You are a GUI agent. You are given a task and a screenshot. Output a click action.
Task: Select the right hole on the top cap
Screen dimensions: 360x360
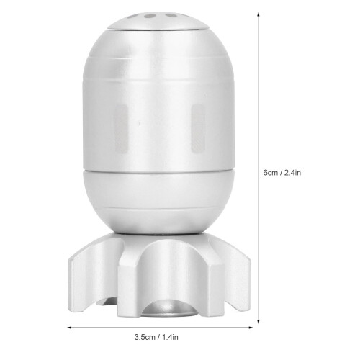[x=171, y=16]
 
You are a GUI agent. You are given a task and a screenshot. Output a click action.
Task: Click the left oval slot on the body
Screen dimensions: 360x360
[x=121, y=128]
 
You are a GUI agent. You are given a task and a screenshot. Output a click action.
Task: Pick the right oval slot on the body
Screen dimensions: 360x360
[x=198, y=128]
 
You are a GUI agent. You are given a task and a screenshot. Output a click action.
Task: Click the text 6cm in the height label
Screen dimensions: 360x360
[x=271, y=173]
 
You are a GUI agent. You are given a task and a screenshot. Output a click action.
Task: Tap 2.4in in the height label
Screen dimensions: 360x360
[x=292, y=173]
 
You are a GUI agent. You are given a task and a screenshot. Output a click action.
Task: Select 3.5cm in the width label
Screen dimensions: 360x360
[x=145, y=337]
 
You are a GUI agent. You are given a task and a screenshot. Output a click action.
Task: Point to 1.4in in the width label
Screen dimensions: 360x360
[x=170, y=337]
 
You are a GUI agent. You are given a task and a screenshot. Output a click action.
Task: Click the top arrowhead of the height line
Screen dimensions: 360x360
[x=258, y=14]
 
